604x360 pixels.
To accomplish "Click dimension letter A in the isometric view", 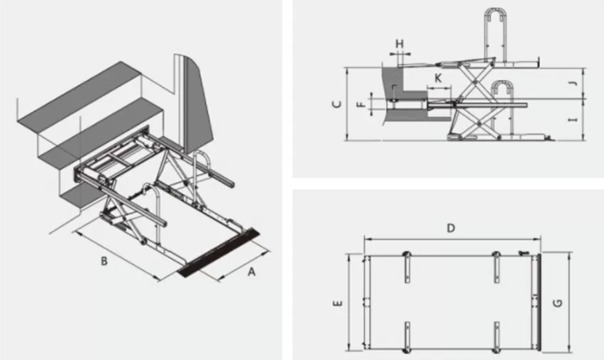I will point(252,271).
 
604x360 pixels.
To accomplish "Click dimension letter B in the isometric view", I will point(104,261).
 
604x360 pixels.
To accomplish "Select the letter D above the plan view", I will point(450,228).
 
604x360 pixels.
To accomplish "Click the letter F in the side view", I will point(362,103).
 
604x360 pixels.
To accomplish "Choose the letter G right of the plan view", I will point(557,303).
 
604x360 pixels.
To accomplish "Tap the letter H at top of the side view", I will point(400,44).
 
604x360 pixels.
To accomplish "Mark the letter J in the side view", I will point(573,83).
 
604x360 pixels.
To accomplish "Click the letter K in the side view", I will point(438,78).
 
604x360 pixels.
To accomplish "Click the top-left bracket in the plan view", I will point(406,267).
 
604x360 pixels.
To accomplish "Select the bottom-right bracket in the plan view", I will point(497,337).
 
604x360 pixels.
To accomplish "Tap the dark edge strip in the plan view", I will point(539,303).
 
